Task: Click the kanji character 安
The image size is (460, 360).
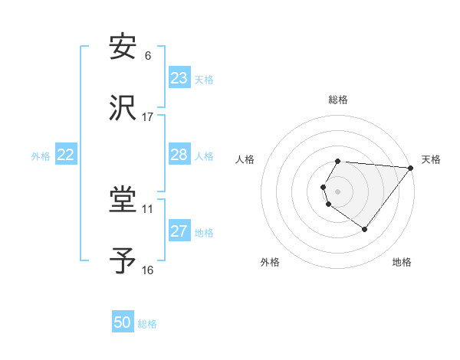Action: pyautogui.click(x=123, y=47)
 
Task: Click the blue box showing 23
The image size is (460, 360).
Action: pyautogui.click(x=179, y=78)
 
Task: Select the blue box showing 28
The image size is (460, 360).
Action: pyautogui.click(x=179, y=155)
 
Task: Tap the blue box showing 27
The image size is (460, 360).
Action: pyautogui.click(x=179, y=231)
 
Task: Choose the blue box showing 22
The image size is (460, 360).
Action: pyautogui.click(x=66, y=155)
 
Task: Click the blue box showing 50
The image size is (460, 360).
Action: pyautogui.click(x=123, y=322)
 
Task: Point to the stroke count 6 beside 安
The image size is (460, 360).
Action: pyautogui.click(x=148, y=56)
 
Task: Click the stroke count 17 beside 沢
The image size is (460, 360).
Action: pyautogui.click(x=148, y=117)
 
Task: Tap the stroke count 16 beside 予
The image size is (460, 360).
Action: pyautogui.click(x=148, y=270)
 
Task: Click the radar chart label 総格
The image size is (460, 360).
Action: pyautogui.click(x=338, y=100)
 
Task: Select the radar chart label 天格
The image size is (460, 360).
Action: pyautogui.click(x=432, y=159)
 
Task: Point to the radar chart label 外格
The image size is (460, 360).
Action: pyautogui.click(x=270, y=262)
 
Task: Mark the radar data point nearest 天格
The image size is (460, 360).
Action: pyautogui.click(x=411, y=168)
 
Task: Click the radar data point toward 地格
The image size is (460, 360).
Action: pyautogui.click(x=364, y=229)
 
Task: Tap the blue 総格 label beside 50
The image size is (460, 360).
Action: pyautogui.click(x=147, y=324)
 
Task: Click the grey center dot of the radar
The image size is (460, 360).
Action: pyautogui.click(x=338, y=191)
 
